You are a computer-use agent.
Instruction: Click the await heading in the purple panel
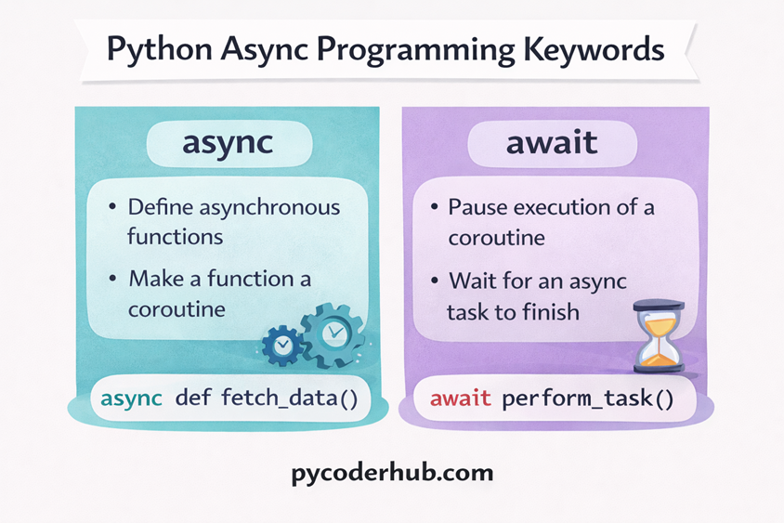pos(554,145)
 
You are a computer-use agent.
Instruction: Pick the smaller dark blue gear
pos(281,345)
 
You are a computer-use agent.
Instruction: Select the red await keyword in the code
pos(461,400)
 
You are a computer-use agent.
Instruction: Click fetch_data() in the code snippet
pos(290,399)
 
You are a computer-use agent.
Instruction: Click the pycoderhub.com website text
pos(391,473)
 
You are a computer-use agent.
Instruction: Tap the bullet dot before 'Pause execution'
pos(434,207)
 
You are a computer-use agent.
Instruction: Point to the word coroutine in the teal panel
pos(176,309)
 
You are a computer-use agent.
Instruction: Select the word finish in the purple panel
pos(551,311)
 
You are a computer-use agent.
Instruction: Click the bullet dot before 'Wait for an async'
pos(434,281)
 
